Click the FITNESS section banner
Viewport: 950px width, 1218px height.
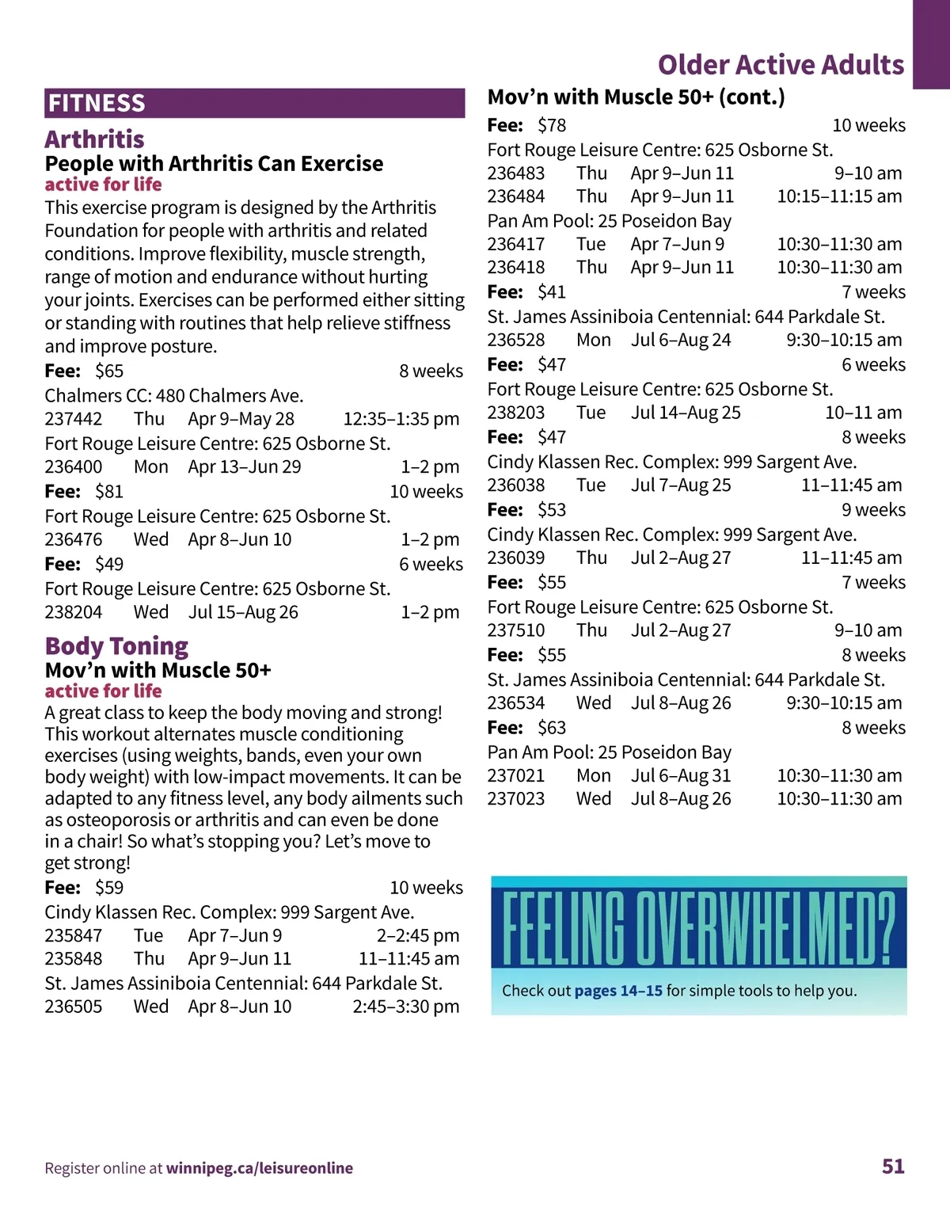point(254,103)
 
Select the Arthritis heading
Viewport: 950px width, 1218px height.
point(94,139)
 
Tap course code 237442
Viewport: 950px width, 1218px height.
point(74,419)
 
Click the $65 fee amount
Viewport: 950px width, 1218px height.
point(109,371)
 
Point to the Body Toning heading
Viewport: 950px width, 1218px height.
point(116,646)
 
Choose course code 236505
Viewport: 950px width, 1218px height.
point(74,1007)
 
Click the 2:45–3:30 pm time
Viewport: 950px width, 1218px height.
point(405,1007)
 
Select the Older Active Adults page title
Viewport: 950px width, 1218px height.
point(781,65)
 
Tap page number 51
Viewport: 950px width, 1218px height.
point(893,1166)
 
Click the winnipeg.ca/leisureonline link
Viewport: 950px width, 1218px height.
point(260,1168)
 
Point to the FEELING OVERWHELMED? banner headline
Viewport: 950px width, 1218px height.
point(698,927)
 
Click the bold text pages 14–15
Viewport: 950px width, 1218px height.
point(618,991)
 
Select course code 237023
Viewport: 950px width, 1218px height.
point(516,798)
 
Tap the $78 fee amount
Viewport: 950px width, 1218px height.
point(552,125)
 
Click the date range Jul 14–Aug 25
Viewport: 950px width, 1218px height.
point(686,413)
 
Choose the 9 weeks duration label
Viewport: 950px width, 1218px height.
point(873,510)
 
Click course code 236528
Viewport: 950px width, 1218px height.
point(516,340)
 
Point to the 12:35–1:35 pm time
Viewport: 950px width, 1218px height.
point(401,419)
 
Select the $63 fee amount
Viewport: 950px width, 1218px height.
point(552,728)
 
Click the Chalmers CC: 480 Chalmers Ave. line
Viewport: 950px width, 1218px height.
point(174,395)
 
